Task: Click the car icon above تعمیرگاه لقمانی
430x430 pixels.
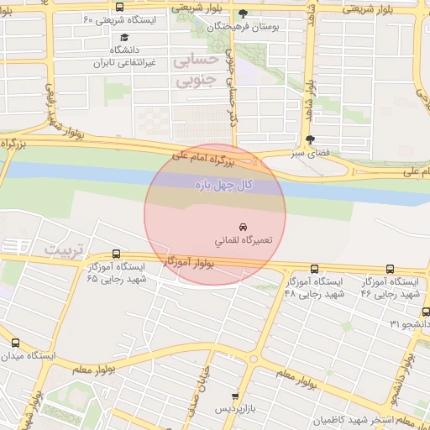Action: (243, 227)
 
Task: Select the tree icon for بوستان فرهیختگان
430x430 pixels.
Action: (244, 13)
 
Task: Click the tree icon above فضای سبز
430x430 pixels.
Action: (311, 139)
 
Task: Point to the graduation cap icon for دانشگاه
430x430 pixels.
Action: (124, 38)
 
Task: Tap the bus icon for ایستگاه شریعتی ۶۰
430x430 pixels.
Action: (118, 7)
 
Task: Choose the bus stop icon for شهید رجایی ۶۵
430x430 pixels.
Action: (116, 254)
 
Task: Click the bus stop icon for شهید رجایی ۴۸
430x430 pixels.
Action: (314, 269)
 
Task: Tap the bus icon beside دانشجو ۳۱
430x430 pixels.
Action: (392, 323)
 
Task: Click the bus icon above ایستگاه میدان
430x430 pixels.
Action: (15, 343)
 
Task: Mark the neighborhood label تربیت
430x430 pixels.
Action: (65, 250)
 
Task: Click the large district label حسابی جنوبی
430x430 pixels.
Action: (195, 72)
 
